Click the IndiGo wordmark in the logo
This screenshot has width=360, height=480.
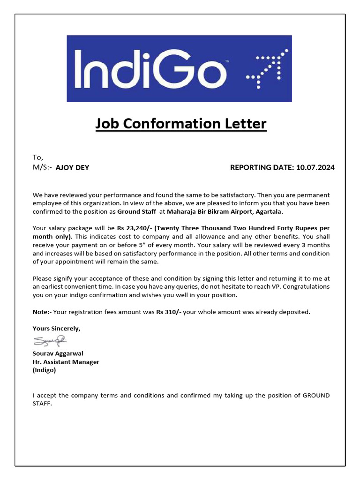coord(150,69)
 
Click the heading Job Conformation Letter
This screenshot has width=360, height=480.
coord(181,124)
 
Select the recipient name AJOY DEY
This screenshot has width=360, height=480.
coord(72,167)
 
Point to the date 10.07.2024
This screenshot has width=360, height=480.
coord(315,167)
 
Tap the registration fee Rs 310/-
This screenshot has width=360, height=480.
coord(169,312)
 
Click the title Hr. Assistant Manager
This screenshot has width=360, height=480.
coord(66,362)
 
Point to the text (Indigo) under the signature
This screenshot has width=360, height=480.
coord(44,370)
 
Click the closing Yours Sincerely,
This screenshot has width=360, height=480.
coord(56,329)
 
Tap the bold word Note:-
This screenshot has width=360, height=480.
coord(42,312)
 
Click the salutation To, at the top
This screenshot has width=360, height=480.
coord(37,157)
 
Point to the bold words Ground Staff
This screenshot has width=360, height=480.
coord(136,211)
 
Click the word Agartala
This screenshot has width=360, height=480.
coord(268,211)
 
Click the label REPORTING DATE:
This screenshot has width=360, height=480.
coord(262,167)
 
